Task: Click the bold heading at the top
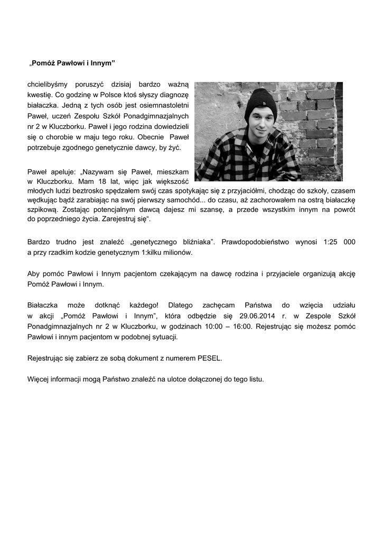pos(72,63)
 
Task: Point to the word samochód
pos(183,200)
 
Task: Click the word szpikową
pos(42,209)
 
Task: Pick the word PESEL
pos(209,358)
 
